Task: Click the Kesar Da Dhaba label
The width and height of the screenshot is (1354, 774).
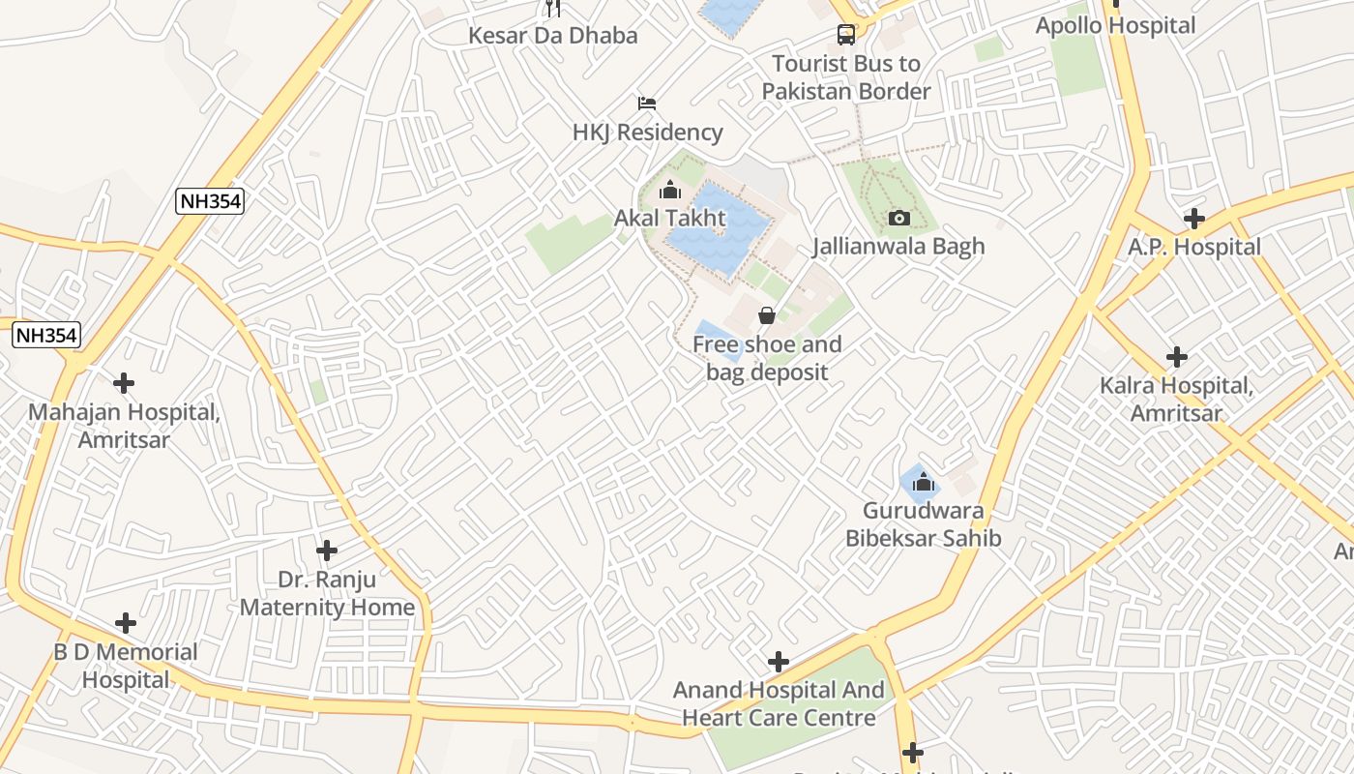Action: [553, 36]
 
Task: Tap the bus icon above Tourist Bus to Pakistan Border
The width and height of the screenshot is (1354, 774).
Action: [846, 35]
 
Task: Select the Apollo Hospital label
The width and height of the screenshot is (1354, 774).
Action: [1115, 26]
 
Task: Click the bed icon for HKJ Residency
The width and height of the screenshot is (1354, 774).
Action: [647, 103]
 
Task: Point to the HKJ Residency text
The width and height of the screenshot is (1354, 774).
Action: [647, 133]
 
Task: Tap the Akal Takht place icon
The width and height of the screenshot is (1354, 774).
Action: [669, 190]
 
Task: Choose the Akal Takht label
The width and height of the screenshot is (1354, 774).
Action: [669, 218]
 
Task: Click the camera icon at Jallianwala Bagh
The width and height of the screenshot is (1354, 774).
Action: [898, 218]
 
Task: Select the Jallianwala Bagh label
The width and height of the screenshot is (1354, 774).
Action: [898, 247]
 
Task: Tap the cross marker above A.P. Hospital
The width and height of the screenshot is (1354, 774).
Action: [1194, 219]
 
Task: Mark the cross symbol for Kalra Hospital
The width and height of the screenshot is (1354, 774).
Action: [1176, 357]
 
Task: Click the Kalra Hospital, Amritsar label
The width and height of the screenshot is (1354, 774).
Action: [1176, 400]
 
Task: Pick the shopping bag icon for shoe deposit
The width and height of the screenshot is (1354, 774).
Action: [767, 315]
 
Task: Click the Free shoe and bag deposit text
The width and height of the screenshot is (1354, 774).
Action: [767, 358]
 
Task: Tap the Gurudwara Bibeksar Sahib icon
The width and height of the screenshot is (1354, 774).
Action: [923, 482]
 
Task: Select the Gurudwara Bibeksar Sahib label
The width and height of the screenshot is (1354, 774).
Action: [923, 524]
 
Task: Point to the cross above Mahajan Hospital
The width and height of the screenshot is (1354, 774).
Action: [124, 383]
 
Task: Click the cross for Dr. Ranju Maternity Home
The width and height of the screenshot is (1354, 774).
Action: [327, 551]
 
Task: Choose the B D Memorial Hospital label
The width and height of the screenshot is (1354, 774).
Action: [125, 666]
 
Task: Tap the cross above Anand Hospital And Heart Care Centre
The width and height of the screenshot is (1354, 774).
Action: [778, 662]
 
